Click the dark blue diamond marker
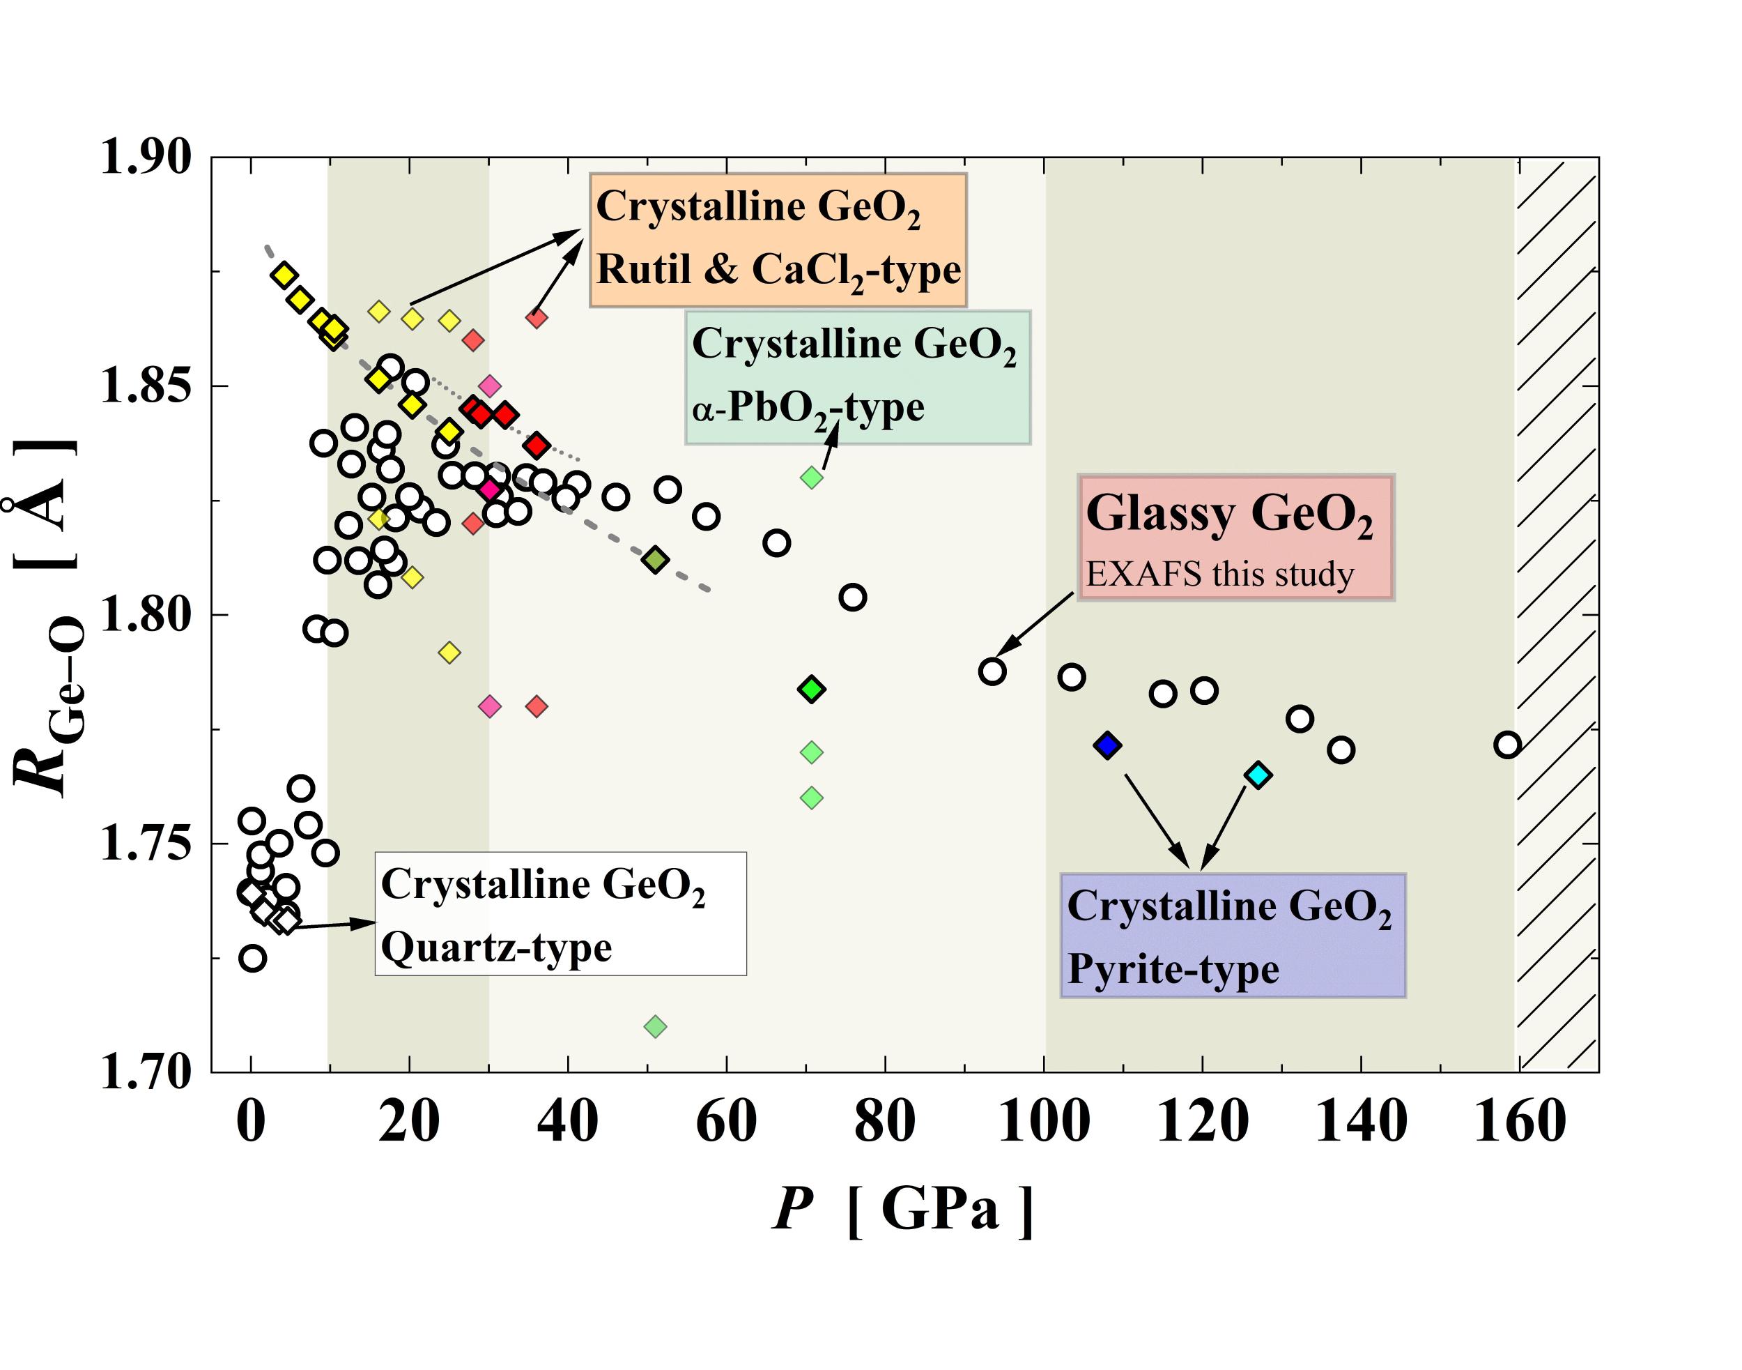1107,746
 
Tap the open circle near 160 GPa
1507,745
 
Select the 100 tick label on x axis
1043,1121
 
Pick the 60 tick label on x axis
726,1121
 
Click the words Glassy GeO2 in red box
1228,513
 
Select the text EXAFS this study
1219,575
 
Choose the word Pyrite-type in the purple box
1173,970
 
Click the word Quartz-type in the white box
496,948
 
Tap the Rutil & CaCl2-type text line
778,271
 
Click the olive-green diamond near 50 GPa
655,560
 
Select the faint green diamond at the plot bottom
655,1027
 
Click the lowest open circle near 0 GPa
252,959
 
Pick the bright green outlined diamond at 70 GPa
812,689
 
